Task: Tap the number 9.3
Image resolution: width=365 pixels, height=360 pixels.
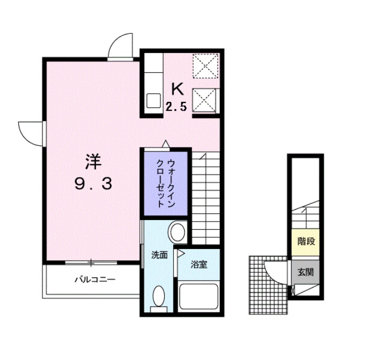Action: pyautogui.click(x=93, y=185)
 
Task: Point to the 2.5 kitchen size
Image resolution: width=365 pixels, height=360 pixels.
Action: pyautogui.click(x=176, y=107)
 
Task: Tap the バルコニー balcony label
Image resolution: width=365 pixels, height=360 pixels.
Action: pyautogui.click(x=94, y=280)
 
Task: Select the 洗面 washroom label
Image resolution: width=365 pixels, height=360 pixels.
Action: pyautogui.click(x=159, y=255)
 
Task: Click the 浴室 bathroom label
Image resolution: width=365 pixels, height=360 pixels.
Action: pyautogui.click(x=198, y=265)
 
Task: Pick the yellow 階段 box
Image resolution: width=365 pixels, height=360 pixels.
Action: pyautogui.click(x=306, y=241)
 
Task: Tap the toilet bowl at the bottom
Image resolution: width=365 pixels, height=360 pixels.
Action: pyautogui.click(x=158, y=297)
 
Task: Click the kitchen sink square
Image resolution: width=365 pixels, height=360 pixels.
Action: pyautogui.click(x=154, y=100)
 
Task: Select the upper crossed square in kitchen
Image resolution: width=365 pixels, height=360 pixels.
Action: pyautogui.click(x=205, y=65)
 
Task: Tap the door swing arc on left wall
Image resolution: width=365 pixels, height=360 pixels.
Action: pyautogui.click(x=30, y=132)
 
